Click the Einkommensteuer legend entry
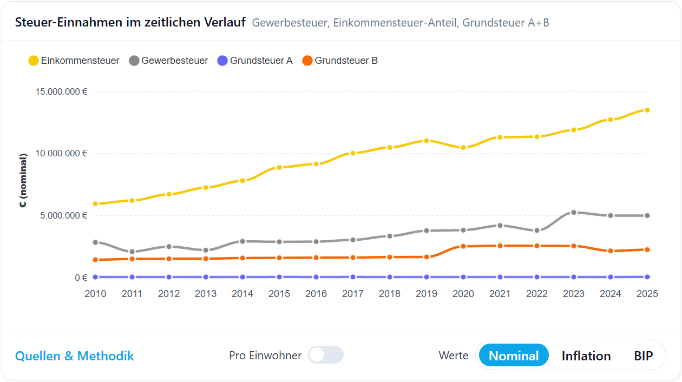[74, 61]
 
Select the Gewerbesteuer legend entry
[168, 61]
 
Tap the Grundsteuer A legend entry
[254, 61]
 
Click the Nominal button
[514, 355]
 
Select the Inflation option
[586, 355]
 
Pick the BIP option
[643, 355]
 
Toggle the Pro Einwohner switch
[326, 355]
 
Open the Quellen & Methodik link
[75, 355]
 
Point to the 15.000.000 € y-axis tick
[62, 91]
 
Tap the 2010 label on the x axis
[95, 294]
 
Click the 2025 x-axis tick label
[647, 294]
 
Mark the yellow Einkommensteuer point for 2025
[647, 110]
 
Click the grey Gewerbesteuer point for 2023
[574, 213]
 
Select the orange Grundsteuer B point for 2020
[463, 246]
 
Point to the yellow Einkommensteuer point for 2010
[95, 204]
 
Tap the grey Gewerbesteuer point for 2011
[132, 252]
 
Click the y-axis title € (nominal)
[23, 181]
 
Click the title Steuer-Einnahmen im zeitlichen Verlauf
[130, 22]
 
